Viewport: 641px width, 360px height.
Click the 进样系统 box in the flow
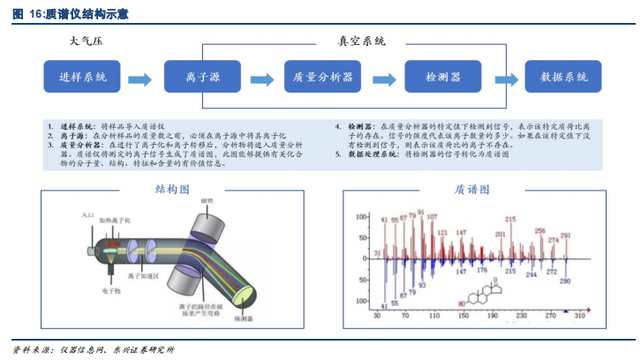(x=77, y=78)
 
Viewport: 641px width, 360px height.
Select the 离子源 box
(x=203, y=78)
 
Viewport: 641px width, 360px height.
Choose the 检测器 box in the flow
(x=443, y=78)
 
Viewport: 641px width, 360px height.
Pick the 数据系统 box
(x=564, y=78)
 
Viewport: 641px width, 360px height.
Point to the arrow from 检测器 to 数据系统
(x=504, y=79)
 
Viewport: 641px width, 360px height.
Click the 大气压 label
(x=87, y=42)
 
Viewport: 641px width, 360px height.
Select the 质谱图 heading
(x=472, y=190)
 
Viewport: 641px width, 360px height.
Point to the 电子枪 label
(x=111, y=289)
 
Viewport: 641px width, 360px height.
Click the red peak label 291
(x=566, y=236)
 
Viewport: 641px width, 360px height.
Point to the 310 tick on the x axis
(x=580, y=315)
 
